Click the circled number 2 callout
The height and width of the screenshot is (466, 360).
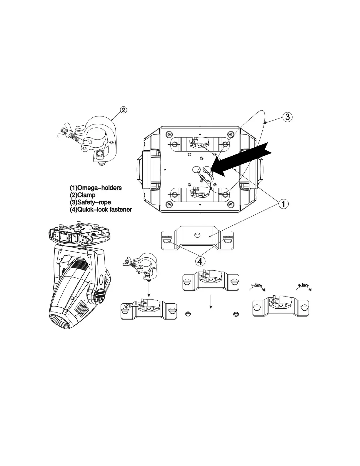[124, 110]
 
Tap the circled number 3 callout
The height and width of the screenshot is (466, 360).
[287, 117]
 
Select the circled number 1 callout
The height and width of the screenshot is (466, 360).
[283, 204]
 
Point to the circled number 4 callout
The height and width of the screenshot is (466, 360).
[200, 261]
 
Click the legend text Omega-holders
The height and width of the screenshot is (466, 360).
[99, 188]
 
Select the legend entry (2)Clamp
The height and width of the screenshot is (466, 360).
[83, 195]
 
